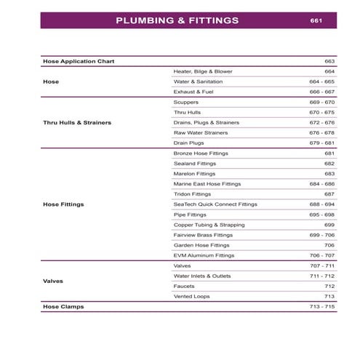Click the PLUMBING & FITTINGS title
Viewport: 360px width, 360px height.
177,20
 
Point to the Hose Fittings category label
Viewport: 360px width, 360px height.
63,204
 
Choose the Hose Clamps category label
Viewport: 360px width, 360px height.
63,307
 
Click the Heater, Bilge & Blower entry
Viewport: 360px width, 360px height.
203,72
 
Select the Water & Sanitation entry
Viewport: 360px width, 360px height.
198,82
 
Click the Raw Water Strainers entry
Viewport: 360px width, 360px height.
201,133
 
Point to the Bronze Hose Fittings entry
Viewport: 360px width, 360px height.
201,153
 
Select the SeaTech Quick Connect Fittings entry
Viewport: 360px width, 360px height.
215,204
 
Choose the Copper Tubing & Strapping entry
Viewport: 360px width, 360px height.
209,225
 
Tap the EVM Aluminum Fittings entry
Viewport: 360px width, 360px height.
204,255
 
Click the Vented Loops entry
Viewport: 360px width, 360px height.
191,296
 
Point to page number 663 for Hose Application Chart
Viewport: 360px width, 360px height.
329,61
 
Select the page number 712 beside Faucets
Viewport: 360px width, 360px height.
329,286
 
